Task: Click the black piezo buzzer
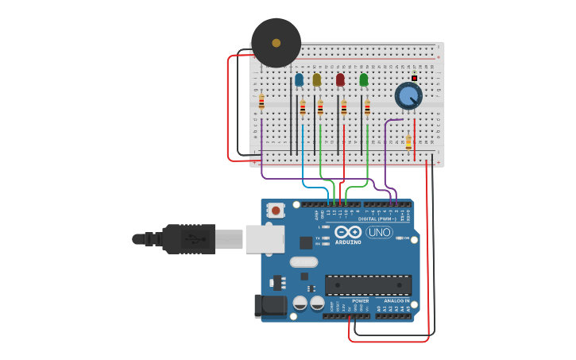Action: [276, 43]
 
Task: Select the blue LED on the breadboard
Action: [299, 79]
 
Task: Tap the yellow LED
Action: [317, 79]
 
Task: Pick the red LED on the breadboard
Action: [340, 79]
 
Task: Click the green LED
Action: [364, 79]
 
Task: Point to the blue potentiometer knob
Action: [408, 96]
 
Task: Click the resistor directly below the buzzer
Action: [261, 102]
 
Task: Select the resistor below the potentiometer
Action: [408, 143]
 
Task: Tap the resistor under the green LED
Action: [367, 108]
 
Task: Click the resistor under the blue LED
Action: [303, 108]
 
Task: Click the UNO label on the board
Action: [379, 232]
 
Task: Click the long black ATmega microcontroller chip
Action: [368, 285]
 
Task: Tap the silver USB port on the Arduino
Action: [265, 238]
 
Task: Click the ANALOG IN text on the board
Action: [396, 301]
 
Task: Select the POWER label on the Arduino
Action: [360, 301]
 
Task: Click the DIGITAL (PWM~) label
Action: [376, 219]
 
